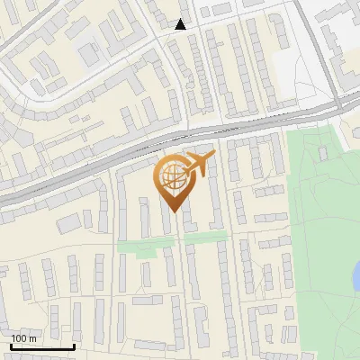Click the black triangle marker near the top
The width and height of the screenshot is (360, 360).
[x=181, y=24]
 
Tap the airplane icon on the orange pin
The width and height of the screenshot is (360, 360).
[x=201, y=165]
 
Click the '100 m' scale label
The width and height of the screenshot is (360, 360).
[x=23, y=338]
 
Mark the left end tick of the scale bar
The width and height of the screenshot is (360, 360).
[x=11, y=346]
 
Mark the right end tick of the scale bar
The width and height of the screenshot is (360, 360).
[x=74, y=346]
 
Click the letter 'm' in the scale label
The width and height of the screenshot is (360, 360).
[x=32, y=338]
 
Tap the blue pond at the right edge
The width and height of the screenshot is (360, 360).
[x=356, y=282]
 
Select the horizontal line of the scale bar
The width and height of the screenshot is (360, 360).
[x=42, y=346]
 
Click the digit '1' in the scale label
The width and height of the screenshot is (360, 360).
[x=13, y=338]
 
